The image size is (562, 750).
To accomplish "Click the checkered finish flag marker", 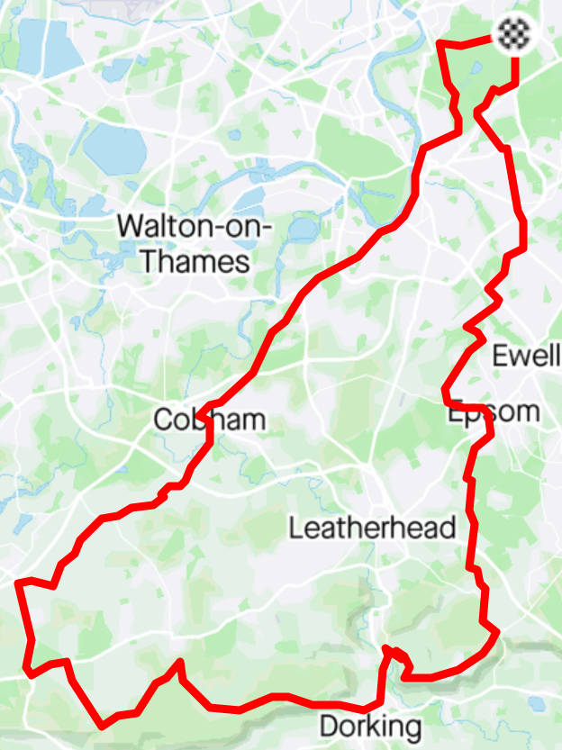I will coord(515,36).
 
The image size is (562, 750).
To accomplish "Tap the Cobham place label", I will coord(210,420).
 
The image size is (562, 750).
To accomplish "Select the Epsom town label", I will coord(494,412).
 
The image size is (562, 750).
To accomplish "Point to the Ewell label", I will coord(525,356).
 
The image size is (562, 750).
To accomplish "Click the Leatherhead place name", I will coord(372,528).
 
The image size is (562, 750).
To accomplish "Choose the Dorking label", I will coord(370,726).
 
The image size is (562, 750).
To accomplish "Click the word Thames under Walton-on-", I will coord(183,262).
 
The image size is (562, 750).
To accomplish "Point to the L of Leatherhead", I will coord(295,528).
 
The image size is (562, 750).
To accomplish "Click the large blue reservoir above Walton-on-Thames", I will coord(114,149).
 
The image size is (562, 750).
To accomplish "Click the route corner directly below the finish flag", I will coord(515,86).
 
